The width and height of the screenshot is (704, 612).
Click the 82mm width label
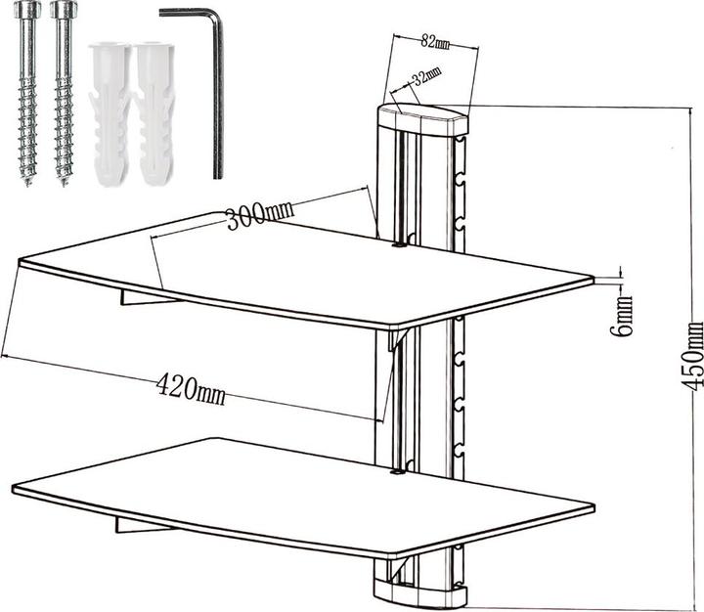(436, 42)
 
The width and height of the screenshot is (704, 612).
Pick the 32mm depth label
(425, 78)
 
